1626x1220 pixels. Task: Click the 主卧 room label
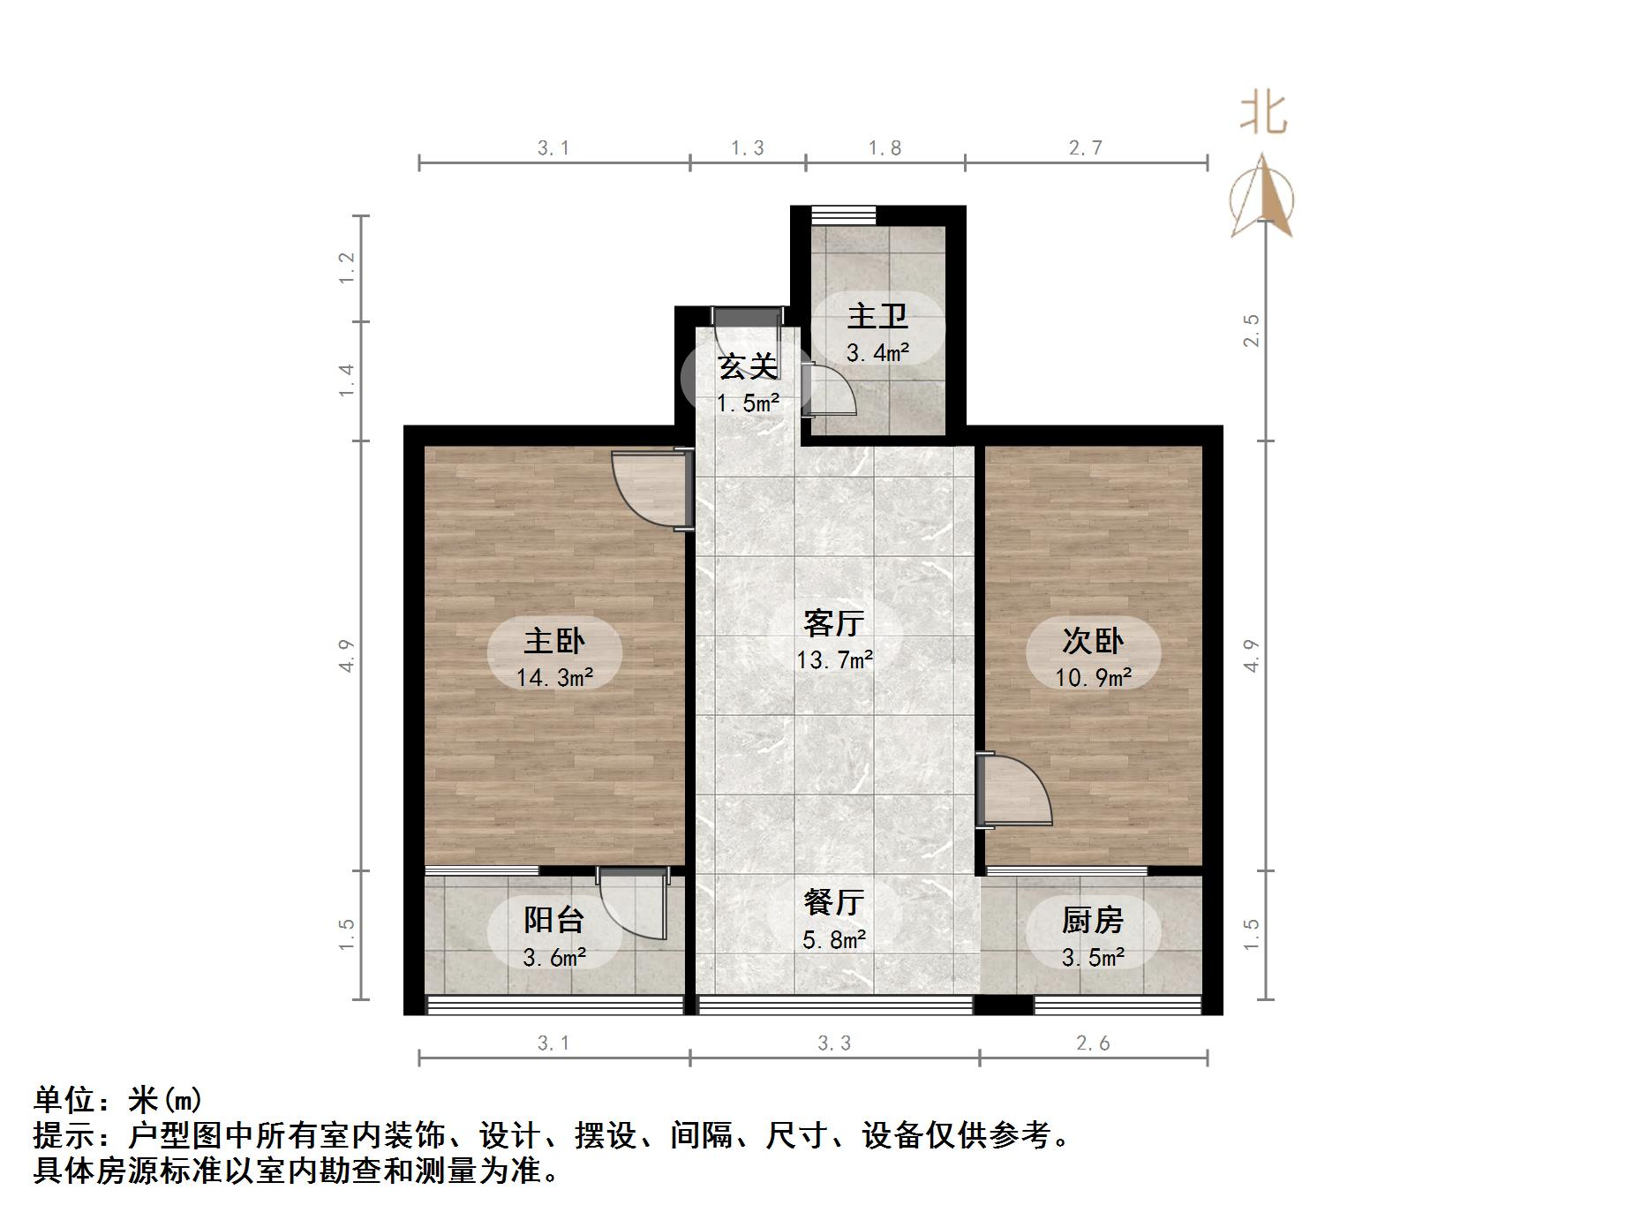pyautogui.click(x=554, y=641)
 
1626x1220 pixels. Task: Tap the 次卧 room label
pyautogui.click(x=1093, y=641)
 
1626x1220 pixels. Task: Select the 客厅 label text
pyautogui.click(x=833, y=623)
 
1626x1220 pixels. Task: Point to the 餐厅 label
pyautogui.click(x=833, y=902)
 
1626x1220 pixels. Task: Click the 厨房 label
pyautogui.click(x=1093, y=921)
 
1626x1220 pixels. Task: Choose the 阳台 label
pyautogui.click(x=554, y=921)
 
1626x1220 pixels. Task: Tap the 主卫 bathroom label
pyautogui.click(x=877, y=316)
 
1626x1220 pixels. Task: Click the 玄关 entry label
pyautogui.click(x=748, y=366)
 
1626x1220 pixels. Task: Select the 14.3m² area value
pyautogui.click(x=554, y=678)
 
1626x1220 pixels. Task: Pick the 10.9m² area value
pyautogui.click(x=1093, y=678)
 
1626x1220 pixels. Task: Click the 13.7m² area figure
pyautogui.click(x=834, y=660)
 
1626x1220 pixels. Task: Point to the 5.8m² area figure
pyautogui.click(x=833, y=939)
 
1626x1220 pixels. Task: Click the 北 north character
pyautogui.click(x=1263, y=115)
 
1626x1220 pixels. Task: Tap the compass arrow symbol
pyautogui.click(x=1263, y=199)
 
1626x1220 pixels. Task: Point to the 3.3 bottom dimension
pyautogui.click(x=834, y=1043)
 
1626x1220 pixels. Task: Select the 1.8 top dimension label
pyautogui.click(x=885, y=148)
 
